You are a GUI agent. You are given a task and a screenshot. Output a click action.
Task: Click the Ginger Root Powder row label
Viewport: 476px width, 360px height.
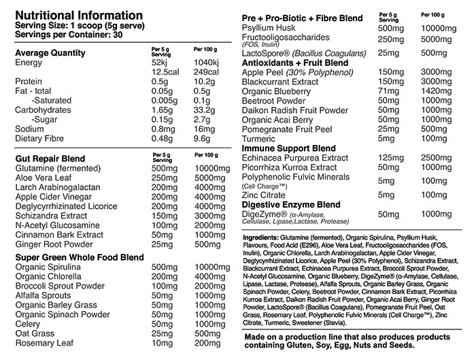coord(55,244)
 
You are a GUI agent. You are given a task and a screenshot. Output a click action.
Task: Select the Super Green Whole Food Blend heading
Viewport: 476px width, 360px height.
coord(79,257)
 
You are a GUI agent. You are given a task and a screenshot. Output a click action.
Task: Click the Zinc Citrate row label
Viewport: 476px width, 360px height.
coord(269,194)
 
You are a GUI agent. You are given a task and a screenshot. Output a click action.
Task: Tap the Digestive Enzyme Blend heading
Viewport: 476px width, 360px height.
coord(292,204)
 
